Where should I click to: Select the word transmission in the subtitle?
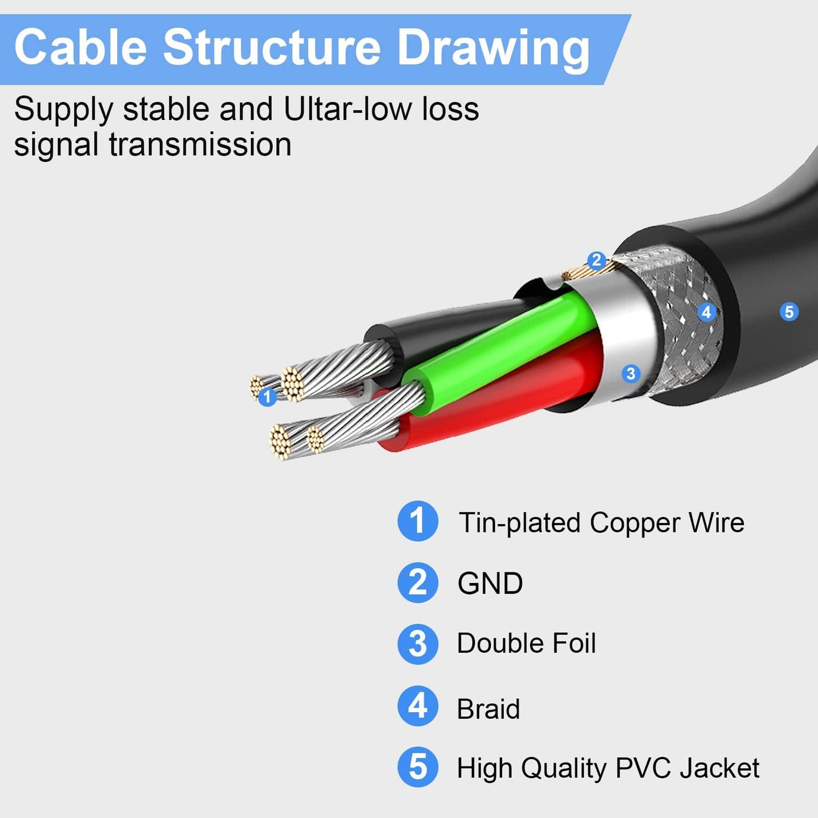[200, 144]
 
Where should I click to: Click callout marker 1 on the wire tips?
[267, 397]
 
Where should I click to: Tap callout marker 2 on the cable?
[596, 260]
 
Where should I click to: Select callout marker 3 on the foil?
[631, 373]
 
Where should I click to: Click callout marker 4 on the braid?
[706, 312]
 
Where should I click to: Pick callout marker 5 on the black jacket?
[789, 311]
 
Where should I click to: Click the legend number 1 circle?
[418, 521]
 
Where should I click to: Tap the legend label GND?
[490, 583]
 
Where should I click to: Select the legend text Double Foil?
[526, 644]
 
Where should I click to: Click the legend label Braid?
[488, 709]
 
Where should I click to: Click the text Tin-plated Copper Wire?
[601, 523]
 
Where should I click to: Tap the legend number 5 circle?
[418, 767]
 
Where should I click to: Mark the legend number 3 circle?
[418, 644]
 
